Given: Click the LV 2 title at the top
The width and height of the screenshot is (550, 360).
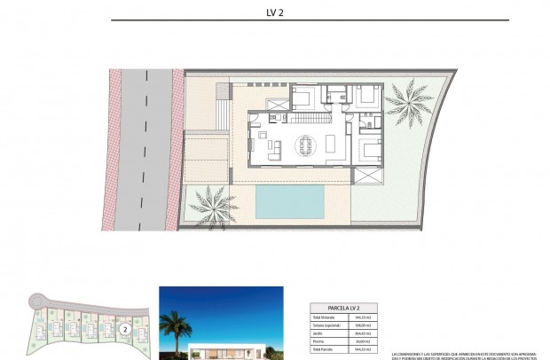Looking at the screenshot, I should [274, 12].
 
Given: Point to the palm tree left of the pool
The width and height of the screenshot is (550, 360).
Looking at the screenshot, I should [212, 206].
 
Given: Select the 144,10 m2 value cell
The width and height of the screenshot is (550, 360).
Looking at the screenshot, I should [363, 317].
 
